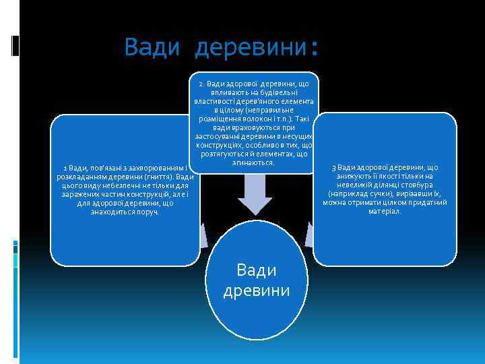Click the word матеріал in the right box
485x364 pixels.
tap(385, 211)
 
